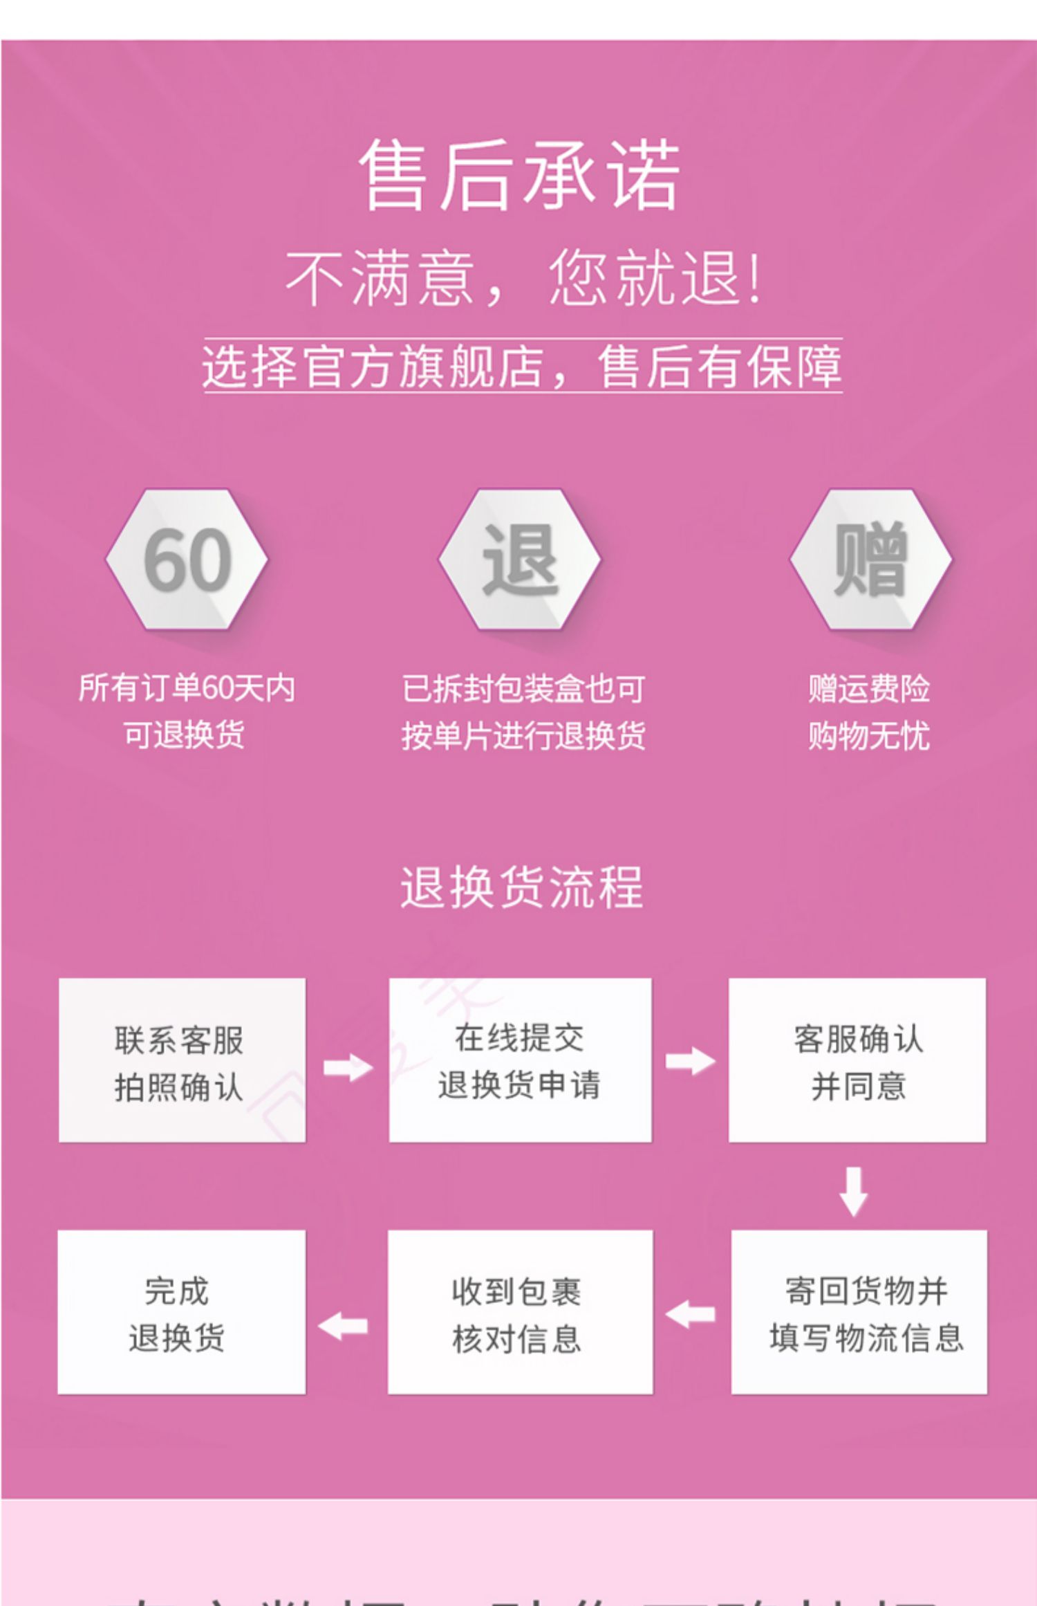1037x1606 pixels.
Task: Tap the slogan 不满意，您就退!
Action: [523, 278]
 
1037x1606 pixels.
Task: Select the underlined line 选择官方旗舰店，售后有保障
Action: [522, 366]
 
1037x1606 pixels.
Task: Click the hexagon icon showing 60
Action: [187, 560]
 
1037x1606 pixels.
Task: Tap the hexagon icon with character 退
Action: [519, 560]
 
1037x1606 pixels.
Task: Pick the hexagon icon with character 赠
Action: [870, 560]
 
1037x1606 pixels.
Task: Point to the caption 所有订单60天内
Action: [187, 688]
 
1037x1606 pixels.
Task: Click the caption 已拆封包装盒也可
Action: [523, 689]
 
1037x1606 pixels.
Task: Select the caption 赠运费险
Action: [869, 689]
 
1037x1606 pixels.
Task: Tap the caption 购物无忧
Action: [869, 735]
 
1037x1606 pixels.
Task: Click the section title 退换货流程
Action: [522, 887]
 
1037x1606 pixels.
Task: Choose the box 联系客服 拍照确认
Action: [182, 1060]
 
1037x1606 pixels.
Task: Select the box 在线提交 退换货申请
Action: [520, 1060]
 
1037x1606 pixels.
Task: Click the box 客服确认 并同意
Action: [857, 1060]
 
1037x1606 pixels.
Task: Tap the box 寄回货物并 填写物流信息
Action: [859, 1312]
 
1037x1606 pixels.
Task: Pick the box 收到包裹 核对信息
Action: [520, 1312]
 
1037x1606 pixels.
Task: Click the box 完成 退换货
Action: [181, 1312]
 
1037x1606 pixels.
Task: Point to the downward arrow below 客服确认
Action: [854, 1191]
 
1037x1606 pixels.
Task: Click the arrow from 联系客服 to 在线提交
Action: [348, 1067]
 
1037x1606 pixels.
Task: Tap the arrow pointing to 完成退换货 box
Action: [344, 1325]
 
